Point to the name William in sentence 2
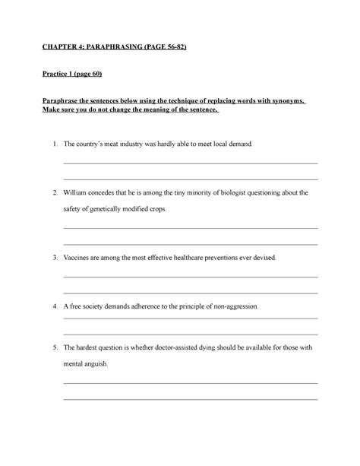click(x=76, y=193)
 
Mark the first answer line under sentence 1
click(x=190, y=163)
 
